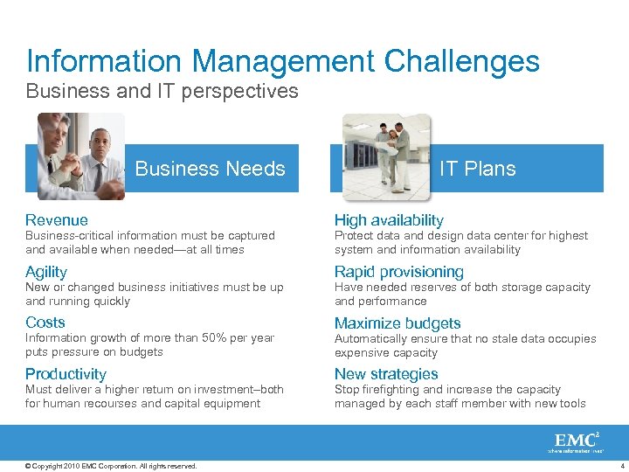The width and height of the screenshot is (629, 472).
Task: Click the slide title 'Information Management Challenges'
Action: coord(283,61)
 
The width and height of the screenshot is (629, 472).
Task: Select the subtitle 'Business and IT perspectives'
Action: coord(162,91)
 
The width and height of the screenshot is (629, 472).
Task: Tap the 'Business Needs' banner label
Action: coord(210,169)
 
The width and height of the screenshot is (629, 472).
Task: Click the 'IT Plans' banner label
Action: coord(477,169)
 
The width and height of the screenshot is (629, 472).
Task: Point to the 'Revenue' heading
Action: coord(57,220)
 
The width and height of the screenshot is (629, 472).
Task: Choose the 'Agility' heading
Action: coord(46,272)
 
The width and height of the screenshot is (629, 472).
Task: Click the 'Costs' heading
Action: coord(45,323)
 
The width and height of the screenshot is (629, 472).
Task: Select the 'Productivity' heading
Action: coord(66,374)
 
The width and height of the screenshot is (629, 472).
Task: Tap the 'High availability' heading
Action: coord(389,220)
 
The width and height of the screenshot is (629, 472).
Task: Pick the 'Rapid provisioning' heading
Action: coord(399,272)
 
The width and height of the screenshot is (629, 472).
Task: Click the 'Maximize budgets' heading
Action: coord(397,323)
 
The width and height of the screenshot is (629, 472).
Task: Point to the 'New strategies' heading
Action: coord(386,374)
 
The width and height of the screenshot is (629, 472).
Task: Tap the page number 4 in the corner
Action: coord(619,466)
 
